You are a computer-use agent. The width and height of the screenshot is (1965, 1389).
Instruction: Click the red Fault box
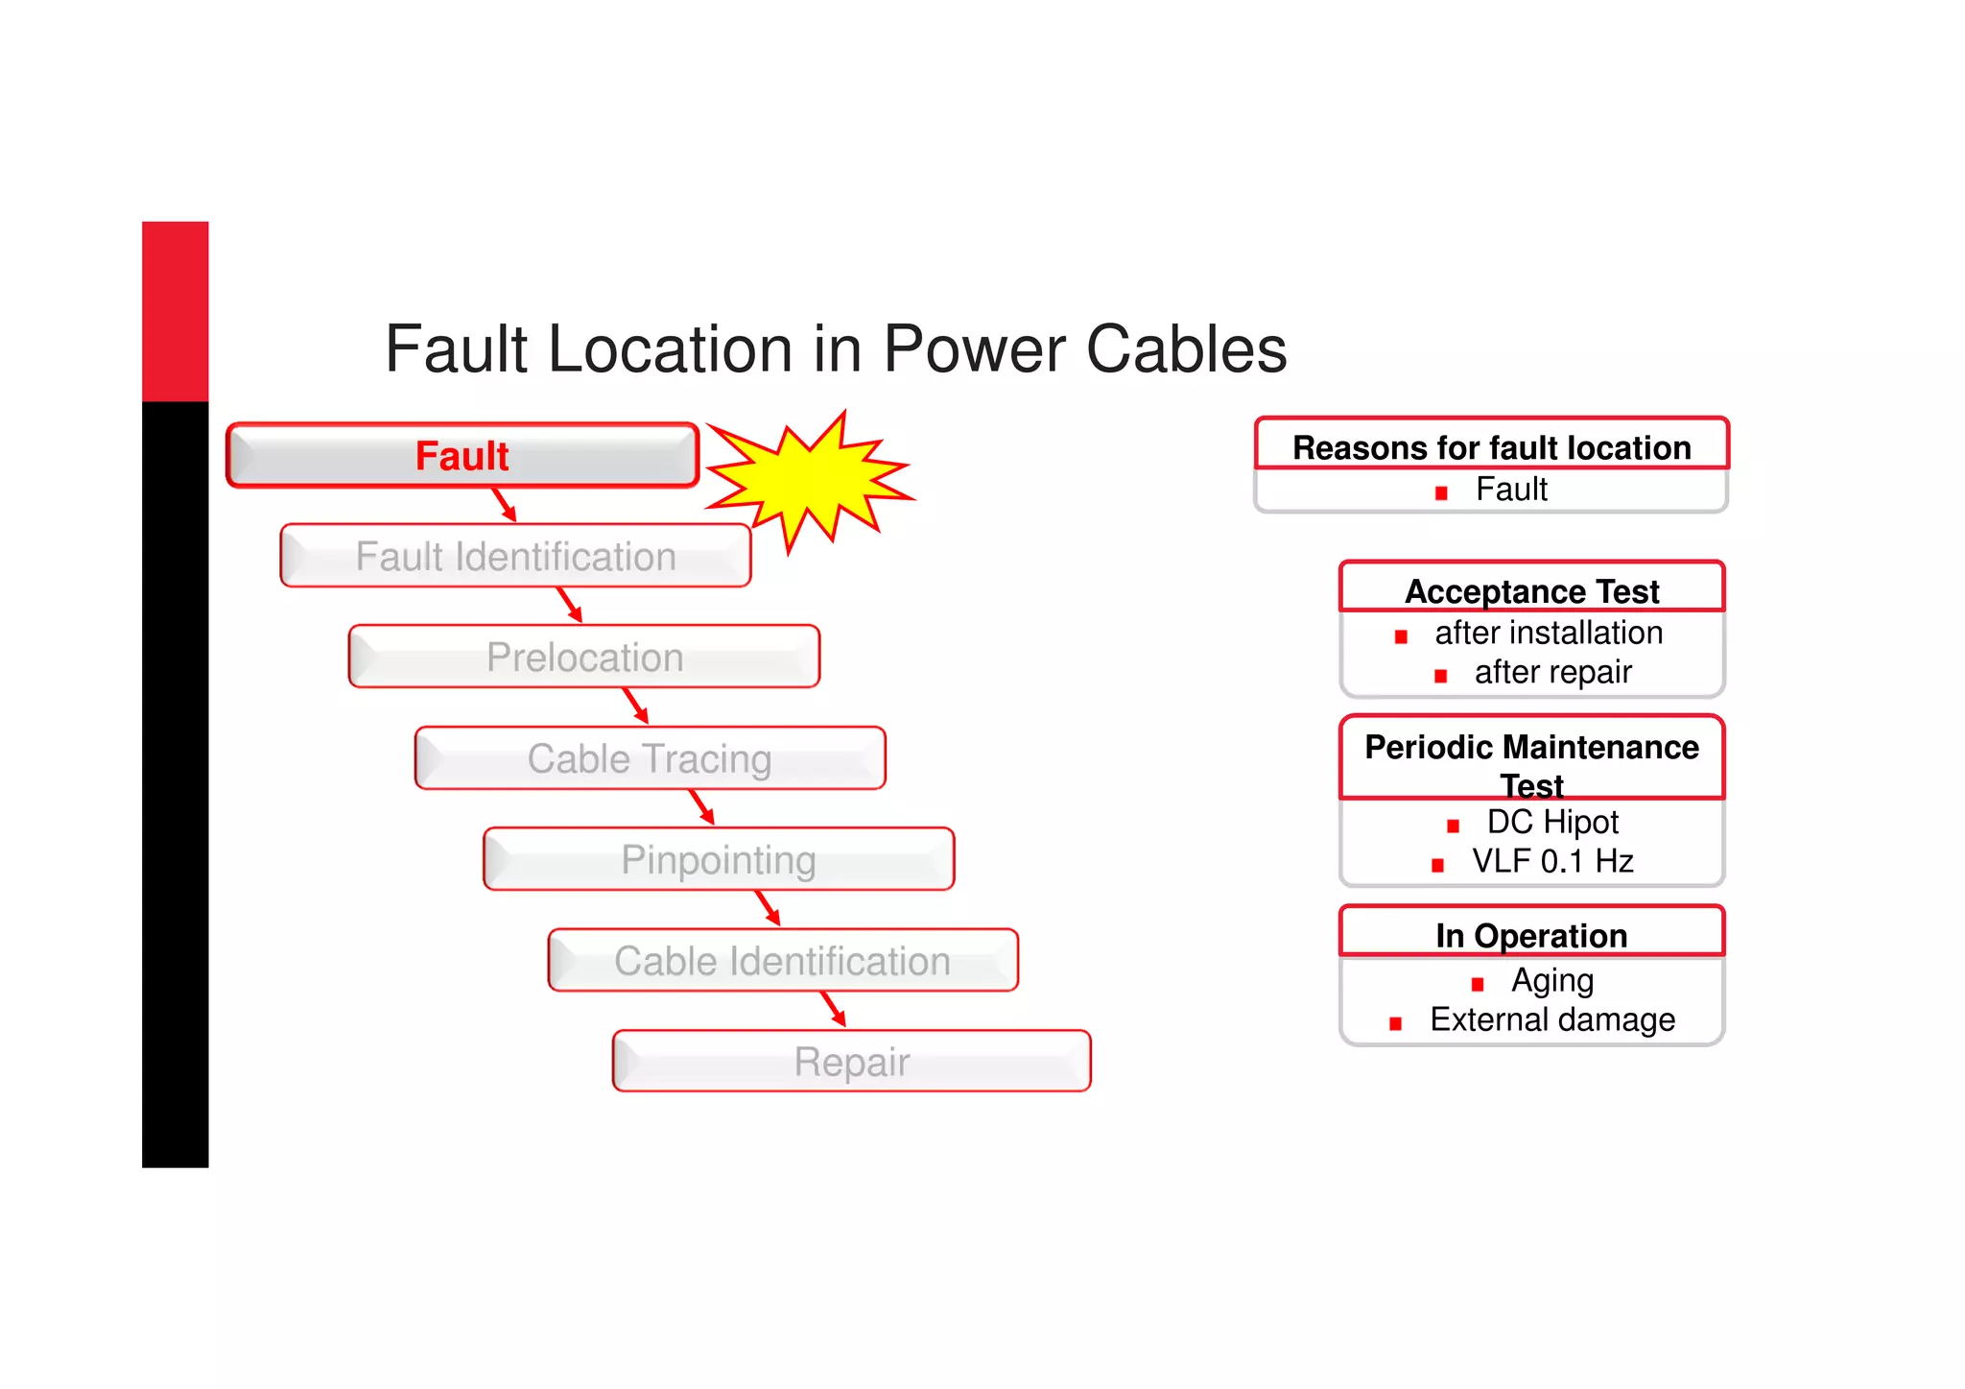(x=462, y=456)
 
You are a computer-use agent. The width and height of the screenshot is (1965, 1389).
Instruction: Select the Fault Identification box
(x=515, y=556)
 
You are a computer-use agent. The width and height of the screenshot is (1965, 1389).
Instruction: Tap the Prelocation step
(x=584, y=658)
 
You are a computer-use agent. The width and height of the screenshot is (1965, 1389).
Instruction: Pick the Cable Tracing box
(x=650, y=758)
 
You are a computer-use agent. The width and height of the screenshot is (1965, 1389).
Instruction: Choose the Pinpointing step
(x=719, y=859)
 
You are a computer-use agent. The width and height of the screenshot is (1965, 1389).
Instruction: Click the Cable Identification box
(x=782, y=960)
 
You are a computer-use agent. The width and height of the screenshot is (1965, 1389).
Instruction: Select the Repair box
(x=851, y=1062)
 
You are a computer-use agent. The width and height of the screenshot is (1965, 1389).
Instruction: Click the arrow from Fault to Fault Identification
(x=505, y=504)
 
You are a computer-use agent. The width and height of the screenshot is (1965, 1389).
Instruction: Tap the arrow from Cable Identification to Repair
(x=833, y=1009)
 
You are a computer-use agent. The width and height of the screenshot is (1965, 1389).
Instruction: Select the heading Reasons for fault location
(x=1491, y=447)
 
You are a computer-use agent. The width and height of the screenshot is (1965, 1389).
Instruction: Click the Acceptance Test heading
(x=1531, y=591)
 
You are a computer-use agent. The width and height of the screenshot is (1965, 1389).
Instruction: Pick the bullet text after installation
(x=1549, y=633)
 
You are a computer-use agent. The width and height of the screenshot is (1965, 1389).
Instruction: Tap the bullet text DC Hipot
(x=1552, y=822)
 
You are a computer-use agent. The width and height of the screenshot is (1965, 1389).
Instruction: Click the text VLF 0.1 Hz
(x=1552, y=861)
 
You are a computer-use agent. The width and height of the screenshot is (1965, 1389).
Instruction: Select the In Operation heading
(x=1531, y=935)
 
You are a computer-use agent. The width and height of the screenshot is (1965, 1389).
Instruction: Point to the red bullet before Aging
(x=1478, y=984)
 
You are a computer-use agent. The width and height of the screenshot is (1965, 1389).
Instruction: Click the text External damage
(x=1552, y=1019)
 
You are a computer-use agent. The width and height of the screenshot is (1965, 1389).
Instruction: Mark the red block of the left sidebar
(x=176, y=311)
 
